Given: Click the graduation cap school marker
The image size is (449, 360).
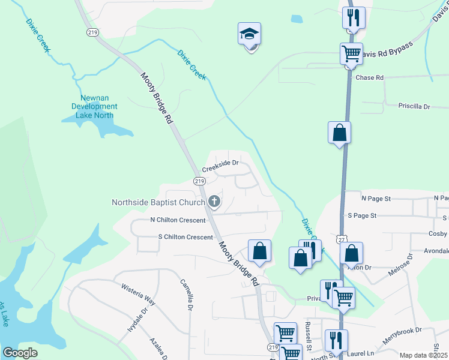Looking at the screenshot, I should click(x=249, y=35).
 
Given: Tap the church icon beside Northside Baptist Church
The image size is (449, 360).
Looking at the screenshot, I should click(x=214, y=202).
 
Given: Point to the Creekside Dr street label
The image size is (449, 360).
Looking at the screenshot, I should click(x=220, y=166).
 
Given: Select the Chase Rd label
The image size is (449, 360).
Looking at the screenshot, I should click(x=369, y=77).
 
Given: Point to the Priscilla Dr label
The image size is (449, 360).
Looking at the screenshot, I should click(x=414, y=106).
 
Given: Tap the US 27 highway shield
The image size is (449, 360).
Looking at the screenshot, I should click(x=342, y=239).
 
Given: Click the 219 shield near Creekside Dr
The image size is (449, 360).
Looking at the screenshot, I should click(x=199, y=181).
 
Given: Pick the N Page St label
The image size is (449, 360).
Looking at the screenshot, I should click(x=376, y=197).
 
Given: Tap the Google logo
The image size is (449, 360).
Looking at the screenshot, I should click(x=20, y=353).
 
